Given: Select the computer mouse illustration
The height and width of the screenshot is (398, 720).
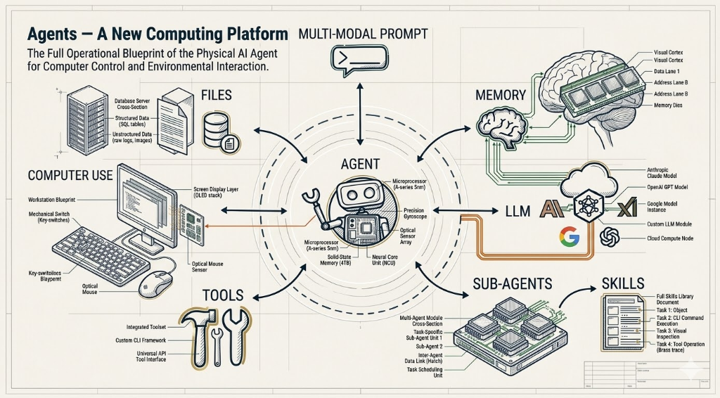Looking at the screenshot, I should pos(154,284).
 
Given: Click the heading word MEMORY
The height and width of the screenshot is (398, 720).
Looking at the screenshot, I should pos(501,94).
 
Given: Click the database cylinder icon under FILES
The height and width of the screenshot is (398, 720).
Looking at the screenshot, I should pos(216,133).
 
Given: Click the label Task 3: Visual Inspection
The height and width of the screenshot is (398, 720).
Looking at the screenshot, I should pos(676,335).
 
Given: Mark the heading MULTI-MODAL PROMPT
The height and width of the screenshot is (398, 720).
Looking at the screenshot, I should pos(364,33).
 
